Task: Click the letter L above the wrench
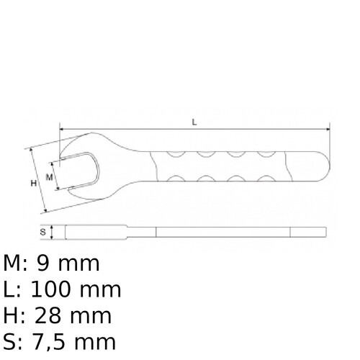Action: (194, 122)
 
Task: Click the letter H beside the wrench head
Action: (33, 184)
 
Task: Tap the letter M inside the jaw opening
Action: (49, 176)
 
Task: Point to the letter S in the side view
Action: (42, 232)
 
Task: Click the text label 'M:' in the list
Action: (17, 263)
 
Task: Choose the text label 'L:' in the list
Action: (12, 289)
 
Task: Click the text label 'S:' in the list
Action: (14, 342)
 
